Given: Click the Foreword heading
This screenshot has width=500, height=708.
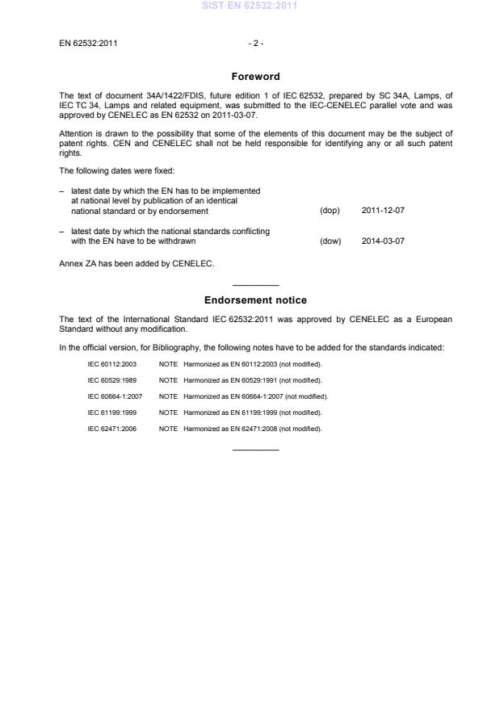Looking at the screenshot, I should [x=255, y=77].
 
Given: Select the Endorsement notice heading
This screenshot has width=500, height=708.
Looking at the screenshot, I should [x=255, y=300].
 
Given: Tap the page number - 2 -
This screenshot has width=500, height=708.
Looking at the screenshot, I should [x=255, y=42].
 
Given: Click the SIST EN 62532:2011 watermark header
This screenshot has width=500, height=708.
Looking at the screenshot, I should [x=255, y=6].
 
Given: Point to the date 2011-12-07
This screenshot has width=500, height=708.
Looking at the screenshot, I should [x=383, y=211].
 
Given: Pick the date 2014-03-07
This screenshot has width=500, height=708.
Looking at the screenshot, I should [x=383, y=241].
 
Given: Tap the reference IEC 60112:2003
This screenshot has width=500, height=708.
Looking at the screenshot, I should [x=112, y=364].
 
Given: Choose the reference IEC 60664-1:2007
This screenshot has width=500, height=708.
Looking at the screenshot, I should [x=115, y=396].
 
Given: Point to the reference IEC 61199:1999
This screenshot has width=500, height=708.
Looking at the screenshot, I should [x=112, y=413].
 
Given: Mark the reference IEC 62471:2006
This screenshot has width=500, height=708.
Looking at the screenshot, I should [x=112, y=429].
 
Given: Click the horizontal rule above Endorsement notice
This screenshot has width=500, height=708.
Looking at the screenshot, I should [x=255, y=285].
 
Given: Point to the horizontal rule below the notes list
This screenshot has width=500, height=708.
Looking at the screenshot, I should [x=255, y=449].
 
